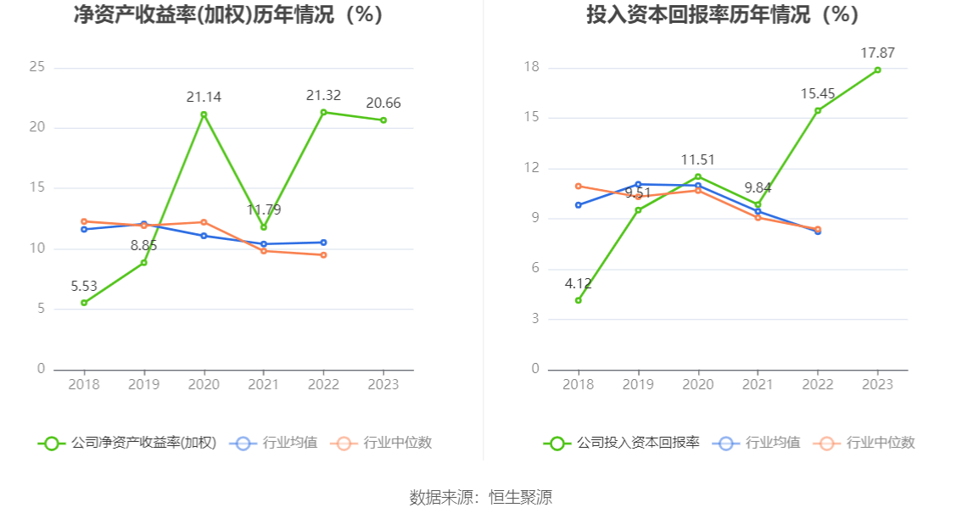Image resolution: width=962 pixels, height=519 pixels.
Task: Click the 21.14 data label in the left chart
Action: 204,97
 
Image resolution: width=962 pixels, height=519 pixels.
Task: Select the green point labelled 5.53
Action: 84,303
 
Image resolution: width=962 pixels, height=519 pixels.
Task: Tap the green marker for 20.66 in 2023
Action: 383,120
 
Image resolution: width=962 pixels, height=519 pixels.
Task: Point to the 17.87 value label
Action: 877,53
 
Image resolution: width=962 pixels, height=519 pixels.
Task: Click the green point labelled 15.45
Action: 818,111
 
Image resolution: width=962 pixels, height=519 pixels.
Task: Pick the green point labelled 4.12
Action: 579,300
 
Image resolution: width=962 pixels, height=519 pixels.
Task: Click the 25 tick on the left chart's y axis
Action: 36,67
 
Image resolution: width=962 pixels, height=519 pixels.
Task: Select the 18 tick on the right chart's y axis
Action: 531,67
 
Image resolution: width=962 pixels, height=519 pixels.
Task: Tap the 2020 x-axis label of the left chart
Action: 204,385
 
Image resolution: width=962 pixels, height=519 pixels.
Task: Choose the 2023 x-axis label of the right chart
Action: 877,385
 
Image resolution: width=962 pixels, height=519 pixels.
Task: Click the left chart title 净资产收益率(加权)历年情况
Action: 204,14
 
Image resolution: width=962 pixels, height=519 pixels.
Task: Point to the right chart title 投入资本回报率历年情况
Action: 698,14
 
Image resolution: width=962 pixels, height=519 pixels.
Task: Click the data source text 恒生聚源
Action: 520,497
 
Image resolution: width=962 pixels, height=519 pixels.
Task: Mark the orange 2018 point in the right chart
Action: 579,186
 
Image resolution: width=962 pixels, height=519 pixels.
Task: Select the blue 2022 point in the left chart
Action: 324,243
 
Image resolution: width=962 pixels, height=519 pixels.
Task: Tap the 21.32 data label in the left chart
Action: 323,95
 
